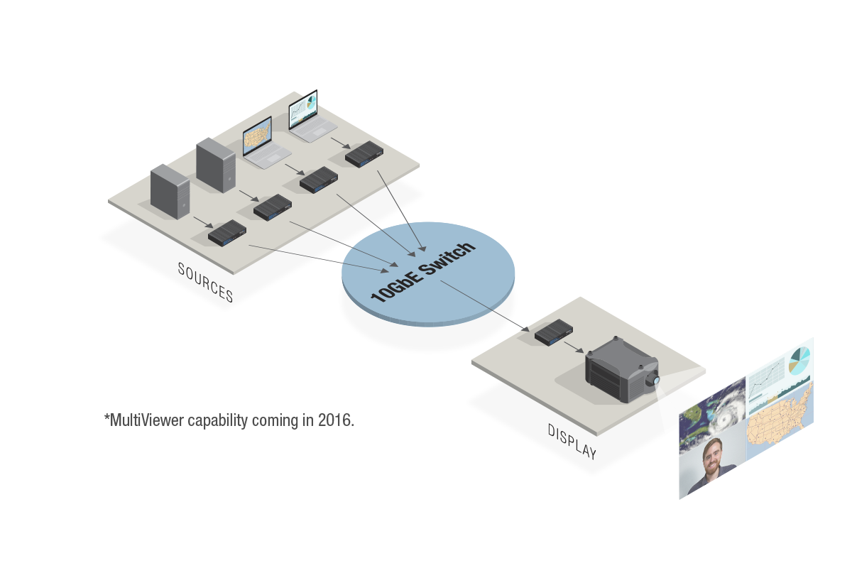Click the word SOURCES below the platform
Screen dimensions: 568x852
(204, 282)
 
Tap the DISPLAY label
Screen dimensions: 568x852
(572, 441)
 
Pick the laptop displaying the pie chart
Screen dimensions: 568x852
(305, 116)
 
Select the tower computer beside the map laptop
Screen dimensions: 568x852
(215, 164)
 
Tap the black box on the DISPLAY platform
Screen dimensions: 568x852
(554, 332)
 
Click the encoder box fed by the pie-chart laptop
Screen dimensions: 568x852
(361, 153)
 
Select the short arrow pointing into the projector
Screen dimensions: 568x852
(574, 346)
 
